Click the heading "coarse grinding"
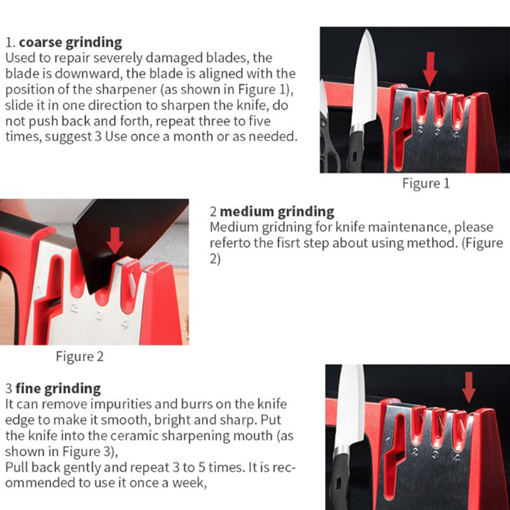[x=71, y=43]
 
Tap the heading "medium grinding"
[x=277, y=212]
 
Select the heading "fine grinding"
[x=58, y=389]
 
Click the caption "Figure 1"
[x=426, y=183]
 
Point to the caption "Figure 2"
[x=80, y=356]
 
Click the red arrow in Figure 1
[x=430, y=69]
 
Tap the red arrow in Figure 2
[x=115, y=240]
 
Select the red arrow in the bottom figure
[x=469, y=388]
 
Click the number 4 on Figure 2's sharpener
[x=125, y=324]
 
